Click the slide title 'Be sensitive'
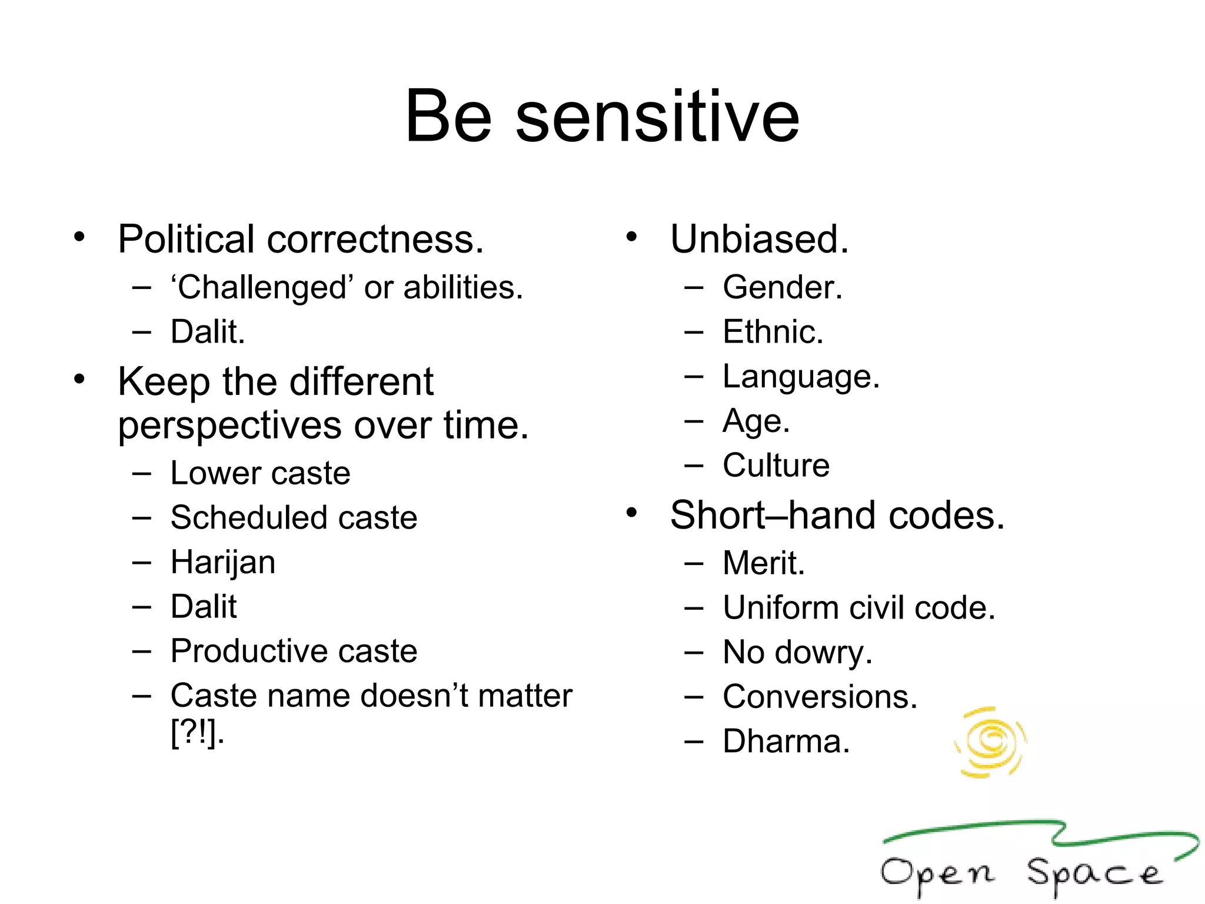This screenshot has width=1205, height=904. pyautogui.click(x=602, y=116)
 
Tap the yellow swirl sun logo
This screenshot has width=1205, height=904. pyautogui.click(x=991, y=742)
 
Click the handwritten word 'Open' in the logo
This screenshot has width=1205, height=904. pyautogui.click(x=937, y=874)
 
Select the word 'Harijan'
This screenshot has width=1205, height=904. pyautogui.click(x=222, y=562)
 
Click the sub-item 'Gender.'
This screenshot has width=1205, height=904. pyautogui.click(x=783, y=288)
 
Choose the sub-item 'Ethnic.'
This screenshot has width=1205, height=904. pyautogui.click(x=773, y=332)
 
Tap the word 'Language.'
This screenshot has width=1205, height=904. pyautogui.click(x=801, y=377)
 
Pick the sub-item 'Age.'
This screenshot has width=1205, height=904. pyautogui.click(x=756, y=421)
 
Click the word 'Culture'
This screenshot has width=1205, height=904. pyautogui.click(x=775, y=466)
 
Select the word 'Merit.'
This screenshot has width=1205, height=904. pyautogui.click(x=763, y=563)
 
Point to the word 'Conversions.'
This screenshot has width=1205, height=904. pyautogui.click(x=820, y=697)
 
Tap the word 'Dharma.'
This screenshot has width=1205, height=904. pyautogui.click(x=786, y=742)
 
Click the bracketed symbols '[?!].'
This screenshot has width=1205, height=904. pyautogui.click(x=197, y=733)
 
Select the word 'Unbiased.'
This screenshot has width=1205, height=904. pyautogui.click(x=759, y=240)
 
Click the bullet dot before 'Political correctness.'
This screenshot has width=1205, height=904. pyautogui.click(x=79, y=237)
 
